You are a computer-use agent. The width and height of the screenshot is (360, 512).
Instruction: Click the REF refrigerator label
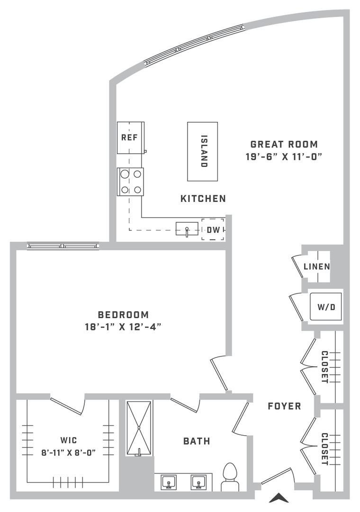(130, 137)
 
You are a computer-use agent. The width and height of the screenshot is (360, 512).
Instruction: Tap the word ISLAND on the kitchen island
(204, 151)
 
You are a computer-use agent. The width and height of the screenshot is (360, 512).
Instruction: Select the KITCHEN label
(203, 199)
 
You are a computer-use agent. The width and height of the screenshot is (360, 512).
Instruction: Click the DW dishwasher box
(213, 230)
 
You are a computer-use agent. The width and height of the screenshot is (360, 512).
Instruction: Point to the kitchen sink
(187, 229)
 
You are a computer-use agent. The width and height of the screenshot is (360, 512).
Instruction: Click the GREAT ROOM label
(284, 144)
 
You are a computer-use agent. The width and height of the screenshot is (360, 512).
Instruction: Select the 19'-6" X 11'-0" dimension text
(284, 157)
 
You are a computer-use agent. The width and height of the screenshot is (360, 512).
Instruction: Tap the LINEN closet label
(316, 266)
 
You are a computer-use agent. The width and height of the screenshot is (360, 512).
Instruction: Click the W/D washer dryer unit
(326, 307)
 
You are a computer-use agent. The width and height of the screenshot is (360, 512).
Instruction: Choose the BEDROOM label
(123, 315)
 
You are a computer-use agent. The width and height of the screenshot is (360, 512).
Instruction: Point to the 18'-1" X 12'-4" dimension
(123, 327)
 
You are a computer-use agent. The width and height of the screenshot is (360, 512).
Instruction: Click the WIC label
(69, 440)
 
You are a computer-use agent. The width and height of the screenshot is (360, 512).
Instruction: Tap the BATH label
(197, 441)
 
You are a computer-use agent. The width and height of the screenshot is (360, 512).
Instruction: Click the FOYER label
(284, 406)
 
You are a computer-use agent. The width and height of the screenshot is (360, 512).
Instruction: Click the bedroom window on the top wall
(63, 246)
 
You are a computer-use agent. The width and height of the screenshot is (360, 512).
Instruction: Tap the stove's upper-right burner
(137, 174)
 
